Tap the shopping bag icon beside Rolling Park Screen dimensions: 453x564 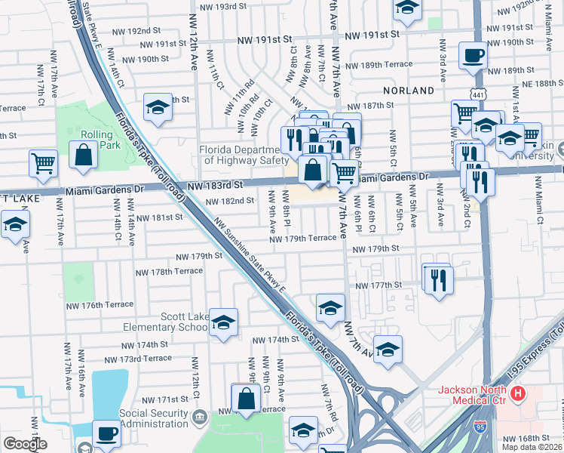click(x=84, y=155)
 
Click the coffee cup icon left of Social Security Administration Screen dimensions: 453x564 click(x=106, y=433)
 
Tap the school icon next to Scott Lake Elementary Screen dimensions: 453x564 click(x=223, y=323)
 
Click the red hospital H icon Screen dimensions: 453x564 click(x=518, y=393)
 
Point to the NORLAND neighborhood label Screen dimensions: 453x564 click(x=408, y=91)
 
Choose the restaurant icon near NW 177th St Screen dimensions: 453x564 click(x=437, y=279)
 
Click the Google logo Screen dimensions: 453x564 click(x=25, y=444)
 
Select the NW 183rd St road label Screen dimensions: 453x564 click(x=216, y=184)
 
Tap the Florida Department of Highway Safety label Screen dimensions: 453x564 click(x=244, y=155)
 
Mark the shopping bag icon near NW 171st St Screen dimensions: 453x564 click(x=247, y=399)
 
